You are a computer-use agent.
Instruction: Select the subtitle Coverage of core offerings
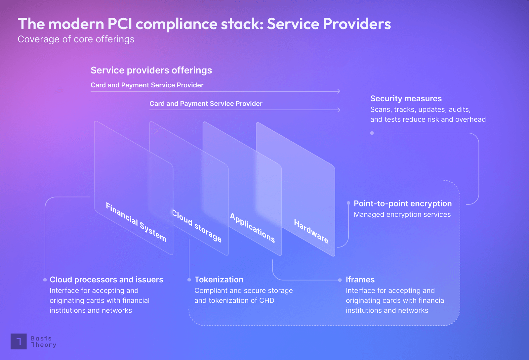point(76,39)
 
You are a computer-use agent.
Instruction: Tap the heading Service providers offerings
point(151,70)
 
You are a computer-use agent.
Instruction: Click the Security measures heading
point(406,99)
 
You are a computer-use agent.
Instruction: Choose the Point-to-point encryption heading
point(402,203)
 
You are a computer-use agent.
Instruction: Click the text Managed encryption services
point(402,215)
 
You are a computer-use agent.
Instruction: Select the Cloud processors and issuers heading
point(106,280)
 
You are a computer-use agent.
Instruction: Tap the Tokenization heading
point(219,280)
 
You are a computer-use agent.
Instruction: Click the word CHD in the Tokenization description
point(266,301)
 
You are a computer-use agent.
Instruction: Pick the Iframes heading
point(360,280)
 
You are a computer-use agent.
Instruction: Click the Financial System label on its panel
point(136,222)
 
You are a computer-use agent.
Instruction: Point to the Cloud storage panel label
point(197,226)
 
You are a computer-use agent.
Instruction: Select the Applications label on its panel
point(253,228)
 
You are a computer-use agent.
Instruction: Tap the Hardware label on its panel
point(311,231)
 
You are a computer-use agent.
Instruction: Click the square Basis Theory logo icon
point(19,341)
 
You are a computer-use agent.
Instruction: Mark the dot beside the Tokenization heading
point(189,280)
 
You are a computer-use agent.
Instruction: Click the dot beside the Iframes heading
point(340,280)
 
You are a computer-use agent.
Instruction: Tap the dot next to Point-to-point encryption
point(348,203)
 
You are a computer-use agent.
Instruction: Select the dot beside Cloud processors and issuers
point(45,280)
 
